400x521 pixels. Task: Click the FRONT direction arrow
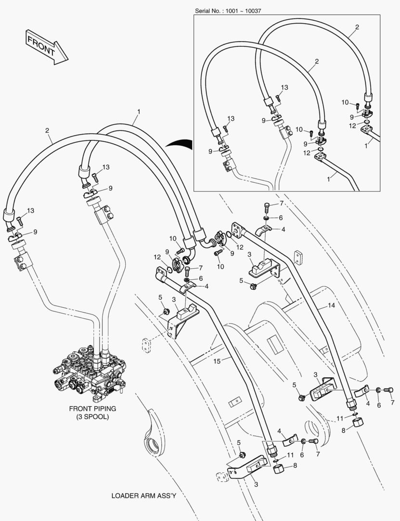pyautogui.click(x=46, y=46)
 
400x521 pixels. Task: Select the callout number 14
pyautogui.click(x=331, y=305)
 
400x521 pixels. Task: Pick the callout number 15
pyautogui.click(x=217, y=361)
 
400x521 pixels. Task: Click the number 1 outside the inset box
pyautogui.click(x=139, y=111)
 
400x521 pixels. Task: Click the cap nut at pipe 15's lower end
pyautogui.click(x=279, y=469)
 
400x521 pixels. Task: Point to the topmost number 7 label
pyautogui.click(x=282, y=205)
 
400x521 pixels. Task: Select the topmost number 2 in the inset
pyautogui.click(x=357, y=27)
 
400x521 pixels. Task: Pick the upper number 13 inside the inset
pyautogui.click(x=285, y=87)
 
